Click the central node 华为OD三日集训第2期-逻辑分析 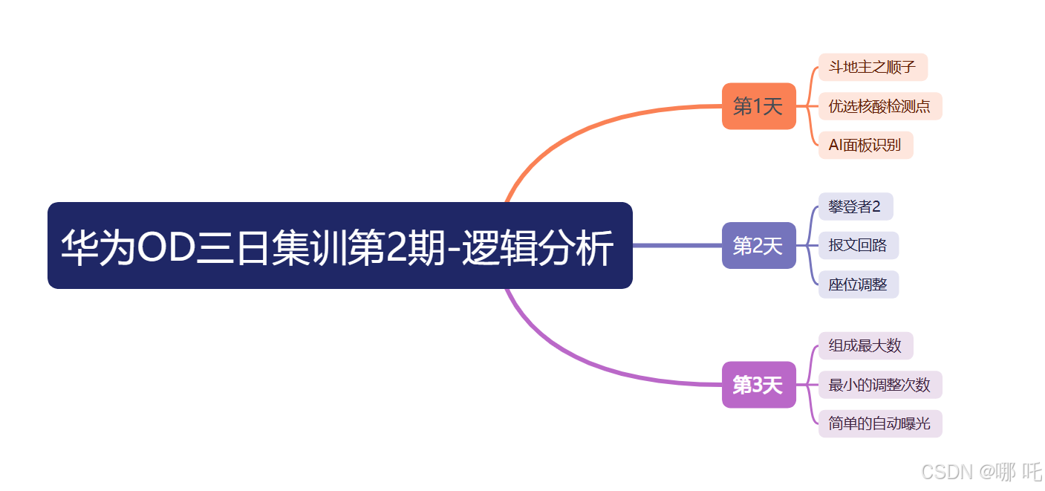click(x=339, y=245)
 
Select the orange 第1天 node click(x=758, y=106)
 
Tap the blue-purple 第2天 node click(x=758, y=245)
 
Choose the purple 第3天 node click(x=758, y=385)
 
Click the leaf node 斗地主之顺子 click(x=872, y=68)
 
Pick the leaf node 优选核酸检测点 click(x=879, y=106)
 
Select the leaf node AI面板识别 click(x=865, y=145)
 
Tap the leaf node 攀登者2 click(x=855, y=207)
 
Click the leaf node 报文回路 click(x=858, y=245)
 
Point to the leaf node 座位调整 click(x=858, y=284)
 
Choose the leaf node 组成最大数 click(x=865, y=345)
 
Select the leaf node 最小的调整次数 click(x=879, y=385)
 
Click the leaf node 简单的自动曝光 click(x=879, y=423)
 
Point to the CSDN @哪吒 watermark click(x=981, y=471)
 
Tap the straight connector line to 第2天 click(x=676, y=245)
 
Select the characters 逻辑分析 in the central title click(x=538, y=247)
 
